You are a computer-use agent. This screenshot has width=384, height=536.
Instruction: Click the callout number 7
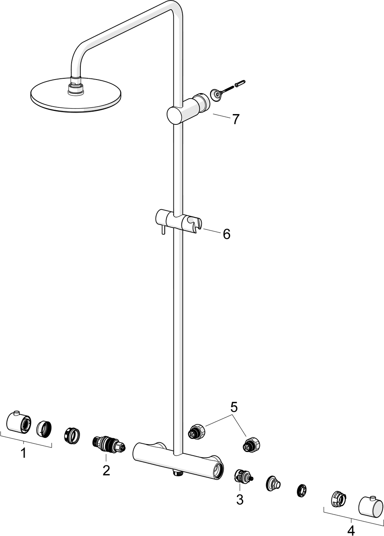pyautogui.click(x=236, y=119)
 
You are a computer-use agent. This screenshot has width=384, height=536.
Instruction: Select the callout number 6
pyautogui.click(x=226, y=234)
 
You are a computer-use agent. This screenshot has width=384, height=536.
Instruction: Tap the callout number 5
pyautogui.click(x=234, y=407)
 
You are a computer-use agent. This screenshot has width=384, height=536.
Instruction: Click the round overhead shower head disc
pyautogui.click(x=76, y=95)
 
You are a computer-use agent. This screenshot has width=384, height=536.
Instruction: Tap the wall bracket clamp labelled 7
pyautogui.click(x=188, y=109)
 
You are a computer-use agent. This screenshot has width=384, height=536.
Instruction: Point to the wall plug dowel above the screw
pyautogui.click(x=241, y=83)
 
